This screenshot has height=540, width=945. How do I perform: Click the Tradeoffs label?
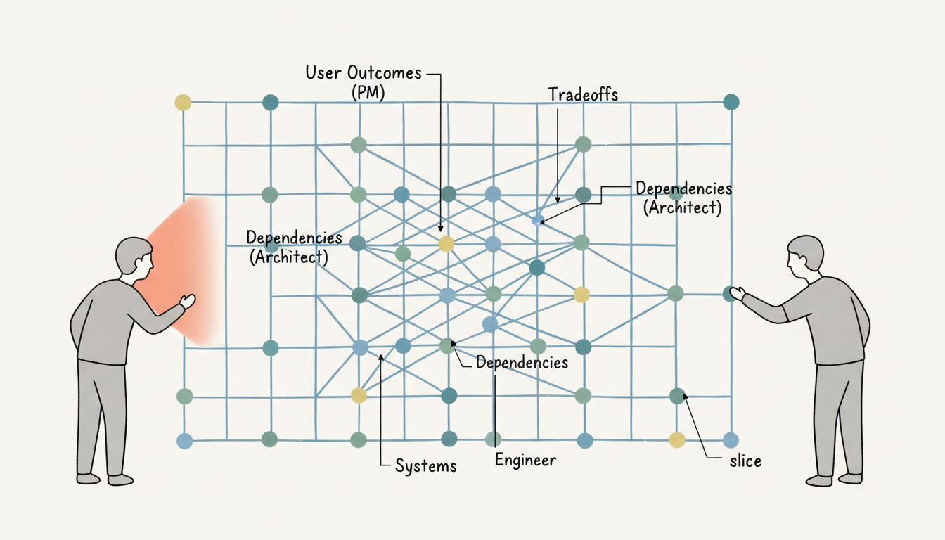tap(582, 95)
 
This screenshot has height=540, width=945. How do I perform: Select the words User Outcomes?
tap(364, 72)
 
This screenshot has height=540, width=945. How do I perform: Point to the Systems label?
tap(425, 465)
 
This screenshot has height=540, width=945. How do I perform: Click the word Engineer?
tap(525, 461)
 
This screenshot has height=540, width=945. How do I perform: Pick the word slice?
tap(745, 461)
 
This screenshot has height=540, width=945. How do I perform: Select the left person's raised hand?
tap(187, 302)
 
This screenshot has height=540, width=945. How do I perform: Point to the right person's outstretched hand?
tap(737, 293)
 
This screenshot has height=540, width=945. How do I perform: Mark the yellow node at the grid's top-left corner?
tap(183, 103)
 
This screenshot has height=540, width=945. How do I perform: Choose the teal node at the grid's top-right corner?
tap(731, 102)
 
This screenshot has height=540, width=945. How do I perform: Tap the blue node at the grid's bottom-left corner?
tap(184, 441)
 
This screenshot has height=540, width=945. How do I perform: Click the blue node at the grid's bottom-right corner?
tap(731, 440)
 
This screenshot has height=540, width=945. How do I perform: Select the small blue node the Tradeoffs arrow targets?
tap(537, 220)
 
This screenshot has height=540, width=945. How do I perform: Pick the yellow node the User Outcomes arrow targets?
tap(446, 244)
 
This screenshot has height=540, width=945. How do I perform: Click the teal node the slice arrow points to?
tap(676, 396)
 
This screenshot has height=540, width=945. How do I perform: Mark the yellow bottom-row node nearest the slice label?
tap(676, 440)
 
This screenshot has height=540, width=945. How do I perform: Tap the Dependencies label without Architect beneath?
tap(522, 363)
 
